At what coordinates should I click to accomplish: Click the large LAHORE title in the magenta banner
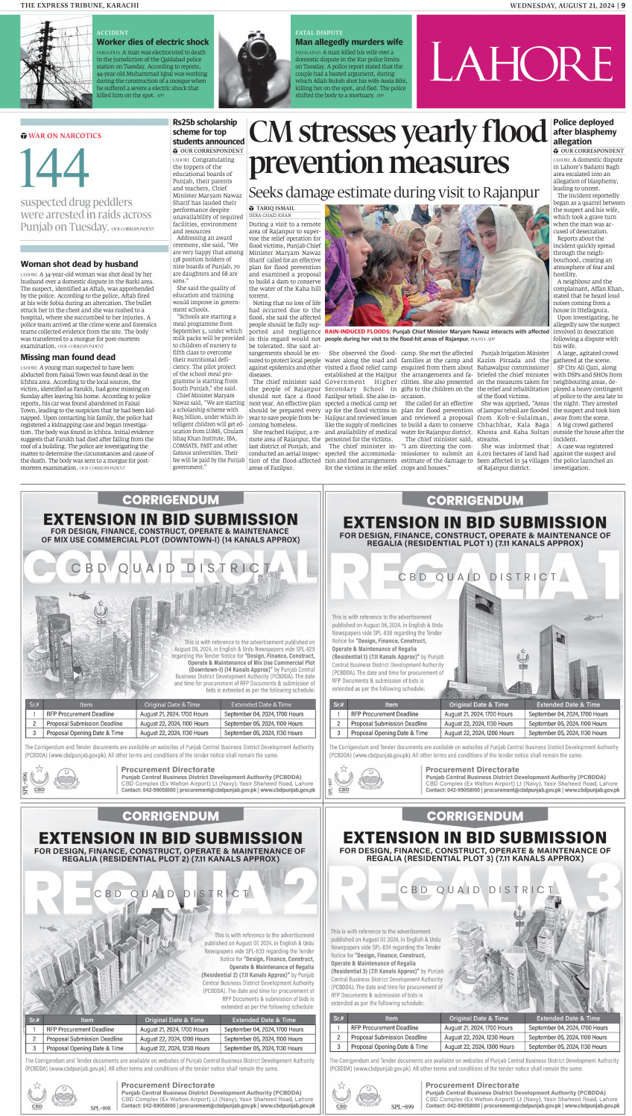(521, 63)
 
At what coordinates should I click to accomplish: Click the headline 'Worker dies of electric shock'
(152, 42)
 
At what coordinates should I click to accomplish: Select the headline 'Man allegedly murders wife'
(349, 42)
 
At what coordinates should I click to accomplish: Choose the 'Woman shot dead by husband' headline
(79, 264)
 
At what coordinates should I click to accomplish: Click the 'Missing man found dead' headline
(68, 357)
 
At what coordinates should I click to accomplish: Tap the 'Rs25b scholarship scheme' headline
(208, 131)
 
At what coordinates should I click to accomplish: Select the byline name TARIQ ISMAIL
(275, 208)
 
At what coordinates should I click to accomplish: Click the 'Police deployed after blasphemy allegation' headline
(584, 131)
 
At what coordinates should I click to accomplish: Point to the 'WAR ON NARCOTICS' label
(64, 136)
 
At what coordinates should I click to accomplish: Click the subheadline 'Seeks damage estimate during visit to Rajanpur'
(394, 192)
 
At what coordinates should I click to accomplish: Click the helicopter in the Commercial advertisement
(78, 595)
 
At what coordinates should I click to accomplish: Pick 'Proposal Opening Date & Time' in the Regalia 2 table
(85, 1048)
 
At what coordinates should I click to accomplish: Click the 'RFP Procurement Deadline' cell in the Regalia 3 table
(385, 1027)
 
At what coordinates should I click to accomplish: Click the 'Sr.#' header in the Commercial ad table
(34, 704)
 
